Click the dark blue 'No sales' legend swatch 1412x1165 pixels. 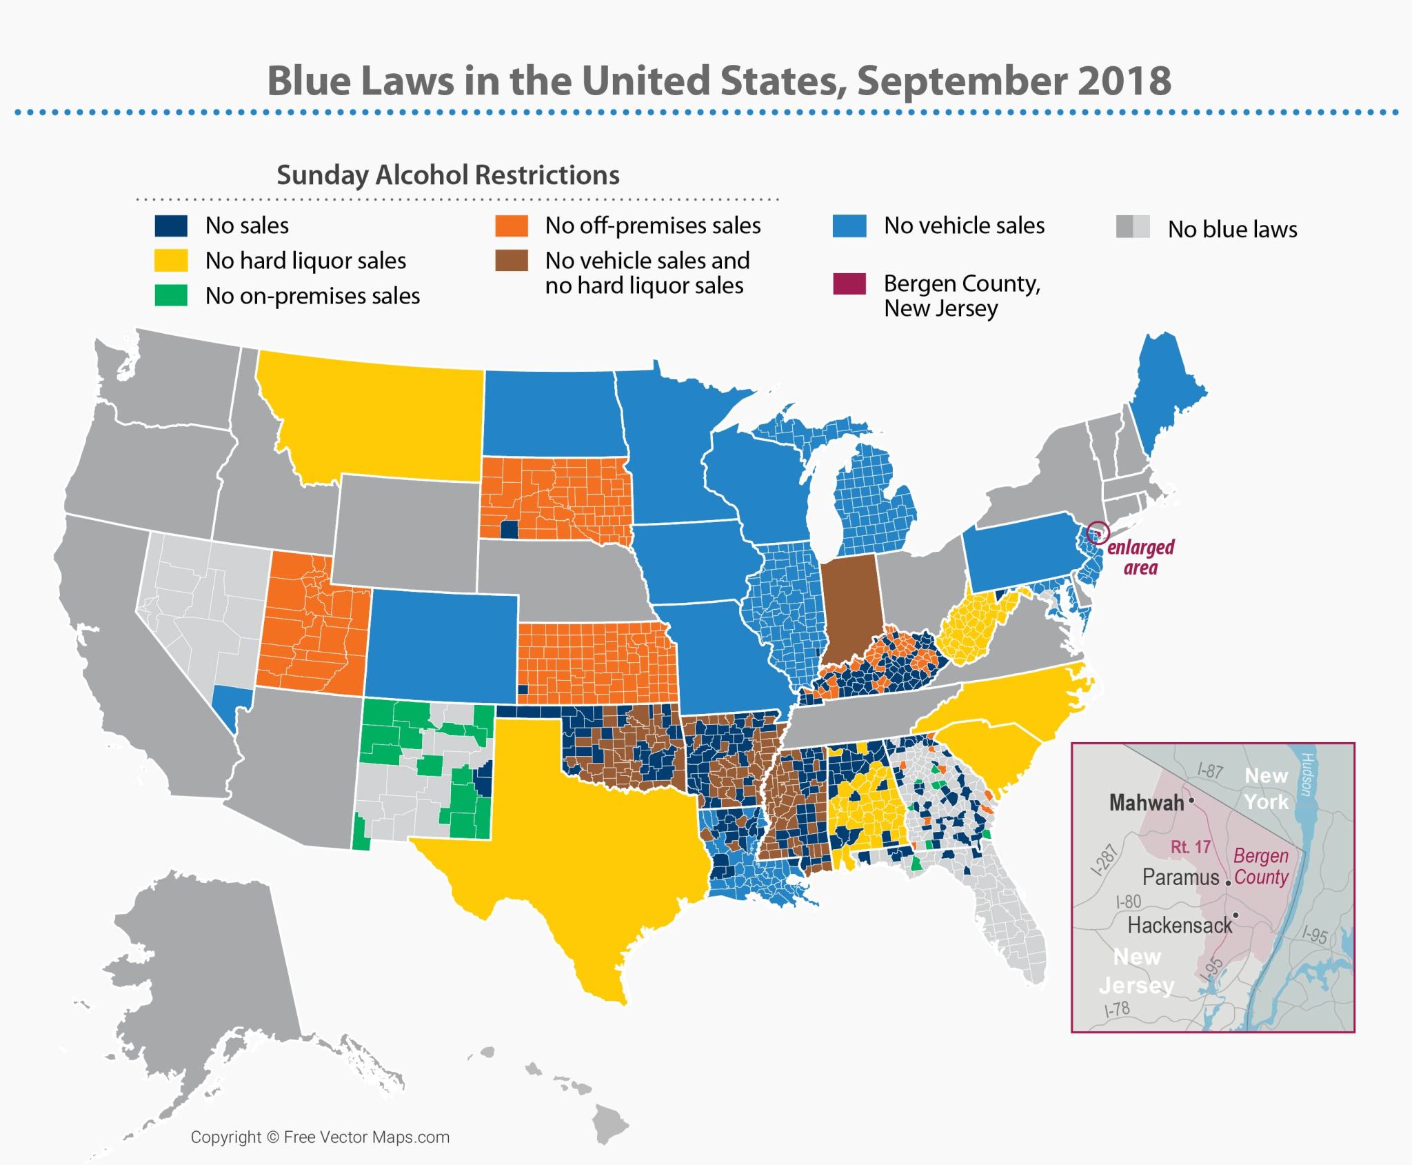(x=171, y=226)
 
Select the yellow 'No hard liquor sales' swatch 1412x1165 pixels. (x=171, y=261)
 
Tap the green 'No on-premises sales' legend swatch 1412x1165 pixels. (x=171, y=296)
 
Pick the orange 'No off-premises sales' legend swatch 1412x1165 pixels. (x=512, y=226)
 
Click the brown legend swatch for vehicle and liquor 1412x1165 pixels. (x=512, y=261)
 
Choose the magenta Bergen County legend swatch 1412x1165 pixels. (x=849, y=284)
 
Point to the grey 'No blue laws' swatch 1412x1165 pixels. (x=1133, y=227)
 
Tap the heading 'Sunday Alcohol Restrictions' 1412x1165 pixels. (x=448, y=175)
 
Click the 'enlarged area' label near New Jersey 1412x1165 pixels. (x=1140, y=557)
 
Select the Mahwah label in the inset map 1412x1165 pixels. (x=1146, y=802)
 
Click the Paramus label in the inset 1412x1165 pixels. (x=1180, y=877)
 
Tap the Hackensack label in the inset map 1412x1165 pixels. (x=1179, y=925)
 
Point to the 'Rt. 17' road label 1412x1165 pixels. (x=1191, y=846)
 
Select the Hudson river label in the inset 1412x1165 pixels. (x=1304, y=774)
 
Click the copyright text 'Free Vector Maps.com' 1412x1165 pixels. (x=366, y=1137)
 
